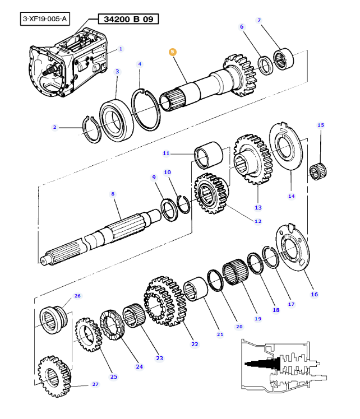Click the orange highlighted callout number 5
coord(173,52)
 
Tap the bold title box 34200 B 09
coord(128,19)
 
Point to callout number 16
coord(314,294)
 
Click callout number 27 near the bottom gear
coord(95,385)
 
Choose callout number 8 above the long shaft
coord(113,194)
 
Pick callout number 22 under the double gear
coord(195,344)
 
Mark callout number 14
coord(291,196)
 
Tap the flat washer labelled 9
coord(167,208)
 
